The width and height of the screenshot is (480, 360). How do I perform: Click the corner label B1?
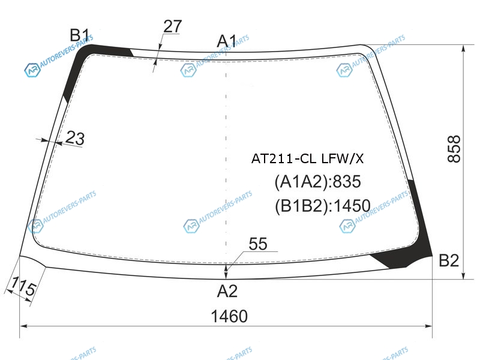[79, 35]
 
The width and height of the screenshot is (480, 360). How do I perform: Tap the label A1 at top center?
[227, 41]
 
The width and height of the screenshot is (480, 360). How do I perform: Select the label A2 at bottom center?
[227, 291]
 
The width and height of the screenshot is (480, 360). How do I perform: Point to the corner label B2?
[449, 261]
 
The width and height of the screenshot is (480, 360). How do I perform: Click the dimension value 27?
[173, 26]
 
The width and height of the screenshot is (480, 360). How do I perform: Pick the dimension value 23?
[75, 138]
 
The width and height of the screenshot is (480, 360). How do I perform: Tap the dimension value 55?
[258, 244]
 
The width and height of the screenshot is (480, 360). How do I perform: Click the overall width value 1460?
[229, 316]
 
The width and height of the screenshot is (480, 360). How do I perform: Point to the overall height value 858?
[454, 149]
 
